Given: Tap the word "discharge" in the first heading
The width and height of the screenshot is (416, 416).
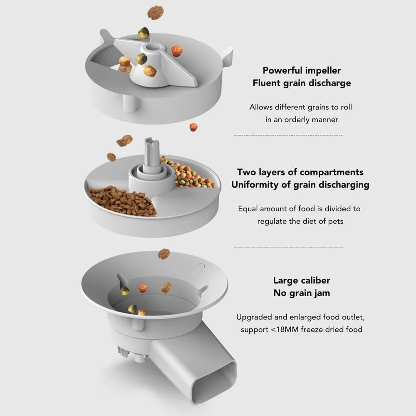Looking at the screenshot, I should [329, 83].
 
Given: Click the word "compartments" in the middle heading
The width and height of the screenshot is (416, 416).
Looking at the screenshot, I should [332, 172].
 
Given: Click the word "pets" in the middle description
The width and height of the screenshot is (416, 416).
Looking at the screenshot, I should [335, 221].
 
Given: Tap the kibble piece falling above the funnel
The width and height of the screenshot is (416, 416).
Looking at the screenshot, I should [164, 253].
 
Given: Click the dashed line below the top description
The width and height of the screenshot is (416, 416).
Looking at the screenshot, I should [288, 136].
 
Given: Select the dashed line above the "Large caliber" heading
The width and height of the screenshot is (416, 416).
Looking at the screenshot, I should [288, 247].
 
